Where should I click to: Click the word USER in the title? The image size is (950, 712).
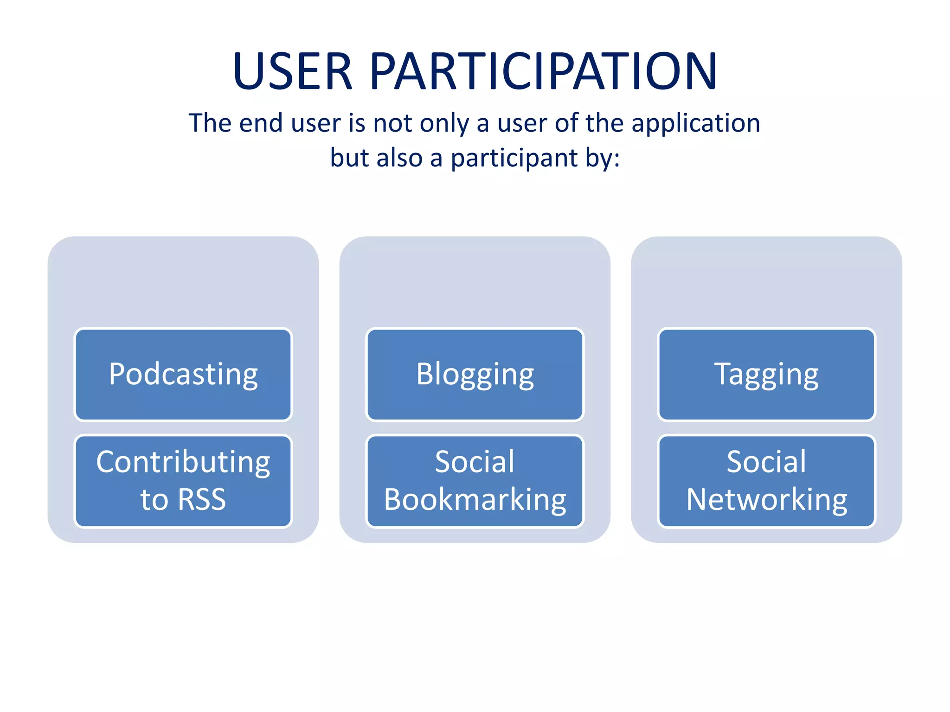(293, 72)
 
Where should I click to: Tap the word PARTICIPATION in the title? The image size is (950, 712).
(543, 72)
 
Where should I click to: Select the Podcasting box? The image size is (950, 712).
(183, 375)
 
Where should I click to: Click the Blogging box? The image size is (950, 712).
(475, 375)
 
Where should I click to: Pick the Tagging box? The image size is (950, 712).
(766, 375)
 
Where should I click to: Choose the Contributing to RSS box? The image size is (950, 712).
(183, 481)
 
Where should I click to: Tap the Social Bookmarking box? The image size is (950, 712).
(475, 481)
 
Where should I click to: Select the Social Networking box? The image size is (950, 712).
(766, 481)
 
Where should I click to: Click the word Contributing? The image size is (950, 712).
(183, 463)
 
